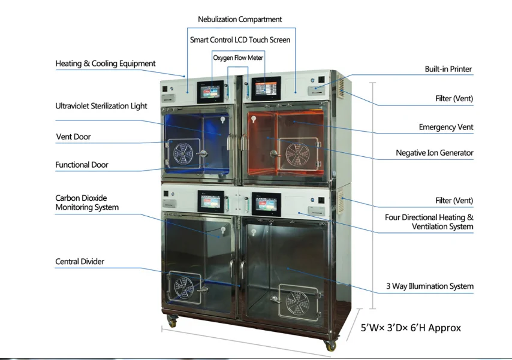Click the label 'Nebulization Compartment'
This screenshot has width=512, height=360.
click(x=240, y=19)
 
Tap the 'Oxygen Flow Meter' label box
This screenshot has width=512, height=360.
click(x=238, y=58)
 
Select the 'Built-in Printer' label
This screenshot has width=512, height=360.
click(x=448, y=69)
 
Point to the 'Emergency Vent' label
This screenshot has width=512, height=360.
click(x=445, y=127)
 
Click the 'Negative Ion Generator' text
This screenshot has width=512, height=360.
click(x=434, y=153)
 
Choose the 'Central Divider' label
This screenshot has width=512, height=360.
click(x=80, y=262)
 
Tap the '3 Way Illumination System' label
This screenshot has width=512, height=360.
click(x=429, y=286)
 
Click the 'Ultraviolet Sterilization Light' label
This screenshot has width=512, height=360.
click(x=101, y=106)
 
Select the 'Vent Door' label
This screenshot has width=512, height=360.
click(x=74, y=137)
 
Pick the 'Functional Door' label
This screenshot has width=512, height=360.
click(x=82, y=165)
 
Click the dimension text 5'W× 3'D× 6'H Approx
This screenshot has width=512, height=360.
click(x=411, y=328)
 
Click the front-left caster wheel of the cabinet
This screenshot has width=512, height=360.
click(x=172, y=322)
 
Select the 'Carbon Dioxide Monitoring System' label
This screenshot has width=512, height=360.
click(x=87, y=202)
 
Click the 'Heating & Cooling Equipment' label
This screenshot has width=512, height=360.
click(x=106, y=63)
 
